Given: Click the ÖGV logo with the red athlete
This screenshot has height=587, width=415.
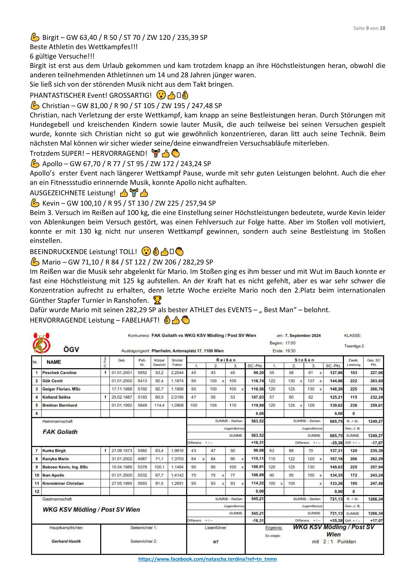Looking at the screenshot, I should pyautogui.click(x=42, y=343).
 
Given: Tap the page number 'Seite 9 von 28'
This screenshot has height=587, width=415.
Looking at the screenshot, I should pyautogui.click(x=369, y=28).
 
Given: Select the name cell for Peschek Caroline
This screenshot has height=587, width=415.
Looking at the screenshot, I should pyautogui.click(x=59, y=373).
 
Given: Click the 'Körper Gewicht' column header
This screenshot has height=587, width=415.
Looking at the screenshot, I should pyautogui.click(x=159, y=362).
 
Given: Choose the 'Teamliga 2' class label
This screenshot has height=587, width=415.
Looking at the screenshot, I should pyautogui.click(x=354, y=346).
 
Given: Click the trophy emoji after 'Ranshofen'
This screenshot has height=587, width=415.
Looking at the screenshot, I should pyautogui.click(x=157, y=300).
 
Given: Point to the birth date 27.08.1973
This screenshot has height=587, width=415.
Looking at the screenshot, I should pyautogui.click(x=122, y=450).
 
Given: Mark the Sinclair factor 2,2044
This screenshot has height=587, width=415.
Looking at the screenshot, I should pyautogui.click(x=177, y=373).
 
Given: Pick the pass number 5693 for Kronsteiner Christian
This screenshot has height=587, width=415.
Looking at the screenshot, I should pyautogui.click(x=142, y=483).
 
